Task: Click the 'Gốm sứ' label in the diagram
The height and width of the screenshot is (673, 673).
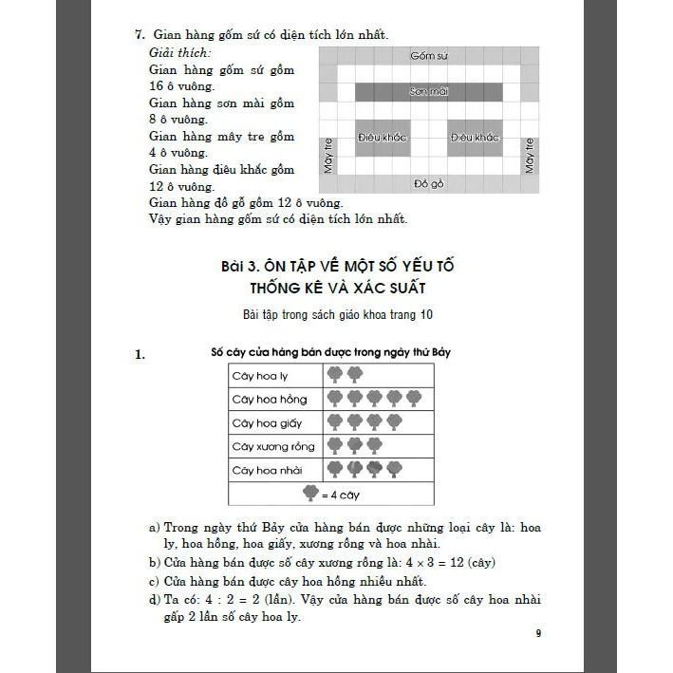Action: [x=428, y=56]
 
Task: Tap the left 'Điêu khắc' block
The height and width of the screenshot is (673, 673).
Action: [x=382, y=138]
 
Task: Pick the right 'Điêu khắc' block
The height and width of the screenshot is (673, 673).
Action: [x=474, y=138]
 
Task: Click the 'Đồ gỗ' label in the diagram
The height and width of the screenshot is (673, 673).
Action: [x=429, y=183]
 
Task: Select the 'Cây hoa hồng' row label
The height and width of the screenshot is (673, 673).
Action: [x=256, y=400]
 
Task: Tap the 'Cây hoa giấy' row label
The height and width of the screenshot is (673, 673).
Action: [x=254, y=423]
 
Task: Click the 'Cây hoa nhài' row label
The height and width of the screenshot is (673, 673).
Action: [x=254, y=470]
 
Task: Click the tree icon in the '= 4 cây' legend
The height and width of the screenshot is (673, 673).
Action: [x=310, y=493]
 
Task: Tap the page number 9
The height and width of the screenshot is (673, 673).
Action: [x=538, y=634]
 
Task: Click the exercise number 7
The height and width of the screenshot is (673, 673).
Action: [x=139, y=35]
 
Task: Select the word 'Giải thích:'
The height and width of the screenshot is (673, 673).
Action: [x=180, y=53]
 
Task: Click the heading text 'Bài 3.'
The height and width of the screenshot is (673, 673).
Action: [x=240, y=267]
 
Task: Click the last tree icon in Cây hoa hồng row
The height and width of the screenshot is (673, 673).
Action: [x=414, y=399]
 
